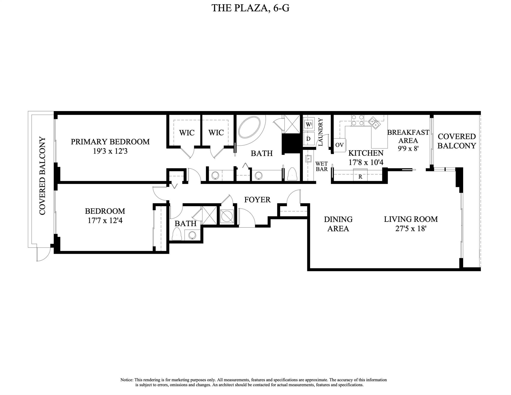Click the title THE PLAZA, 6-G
click(x=250, y=8)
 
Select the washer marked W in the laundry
click(x=308, y=124)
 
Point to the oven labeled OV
click(x=339, y=145)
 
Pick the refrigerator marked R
click(x=360, y=175)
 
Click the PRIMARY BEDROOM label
click(x=110, y=142)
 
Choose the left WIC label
click(x=187, y=133)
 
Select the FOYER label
click(x=257, y=200)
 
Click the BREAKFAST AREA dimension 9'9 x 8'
click(x=408, y=148)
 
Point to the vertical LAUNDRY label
click(x=320, y=132)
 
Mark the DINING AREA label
click(x=338, y=224)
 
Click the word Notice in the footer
click(x=127, y=380)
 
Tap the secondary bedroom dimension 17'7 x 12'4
click(x=105, y=221)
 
